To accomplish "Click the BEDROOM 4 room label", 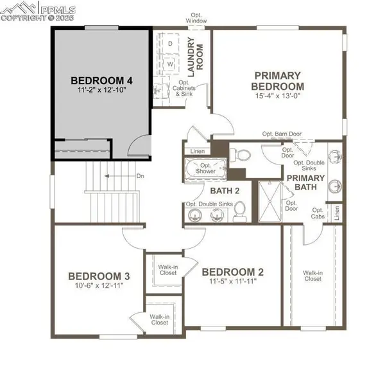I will (101, 80).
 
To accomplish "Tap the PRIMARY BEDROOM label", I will (277, 80).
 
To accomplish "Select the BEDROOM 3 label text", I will (99, 276).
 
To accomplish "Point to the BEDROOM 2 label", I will (232, 271).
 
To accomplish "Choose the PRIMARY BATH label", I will (305, 183).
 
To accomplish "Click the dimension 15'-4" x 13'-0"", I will (277, 96).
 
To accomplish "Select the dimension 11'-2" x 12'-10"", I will (101, 91).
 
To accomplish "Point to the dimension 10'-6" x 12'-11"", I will (99, 287).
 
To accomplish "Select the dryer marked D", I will (170, 43).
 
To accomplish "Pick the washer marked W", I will (170, 64).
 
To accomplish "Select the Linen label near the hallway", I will (198, 152).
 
